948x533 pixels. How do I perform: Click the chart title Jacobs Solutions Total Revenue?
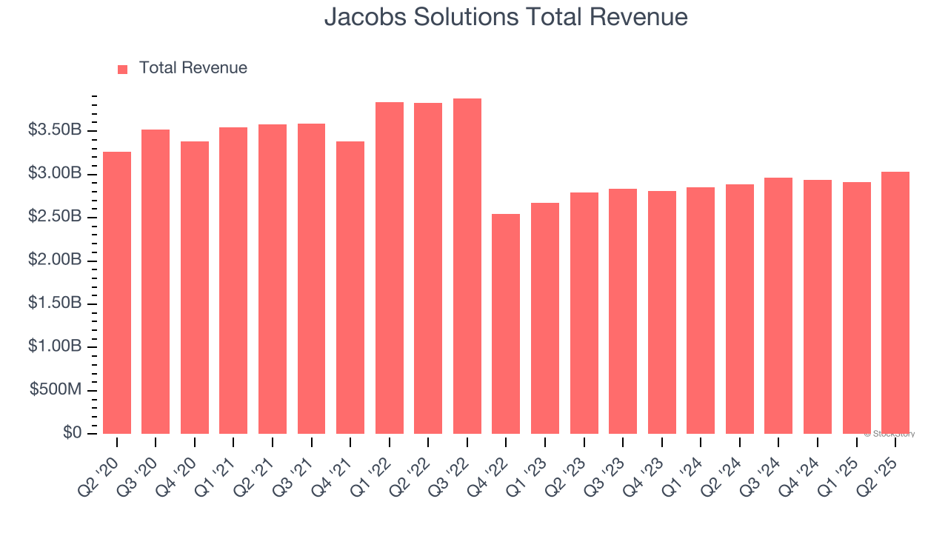pyautogui.click(x=506, y=17)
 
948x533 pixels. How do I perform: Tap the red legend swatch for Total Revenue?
pyautogui.click(x=123, y=69)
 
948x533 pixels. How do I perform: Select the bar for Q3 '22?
pyautogui.click(x=467, y=266)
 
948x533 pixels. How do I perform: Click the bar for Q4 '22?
pyautogui.click(x=506, y=324)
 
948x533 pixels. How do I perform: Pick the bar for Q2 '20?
pyautogui.click(x=117, y=292)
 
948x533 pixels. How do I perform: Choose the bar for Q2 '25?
pyautogui.click(x=895, y=303)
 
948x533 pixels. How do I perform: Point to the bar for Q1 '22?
pyautogui.click(x=390, y=268)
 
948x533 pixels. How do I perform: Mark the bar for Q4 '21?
pyautogui.click(x=350, y=287)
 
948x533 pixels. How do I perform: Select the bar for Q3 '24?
pyautogui.click(x=778, y=306)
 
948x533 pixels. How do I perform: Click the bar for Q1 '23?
pyautogui.click(x=545, y=318)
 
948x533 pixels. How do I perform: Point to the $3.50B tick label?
pyautogui.click(x=55, y=130)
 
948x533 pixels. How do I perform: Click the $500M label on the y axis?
pyautogui.click(x=56, y=390)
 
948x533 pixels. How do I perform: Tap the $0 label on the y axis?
pyautogui.click(x=72, y=433)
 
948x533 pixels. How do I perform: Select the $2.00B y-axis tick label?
pyautogui.click(x=55, y=261)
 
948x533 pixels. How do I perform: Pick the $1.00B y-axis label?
pyautogui.click(x=55, y=347)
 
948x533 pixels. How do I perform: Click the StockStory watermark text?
pyautogui.click(x=889, y=434)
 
